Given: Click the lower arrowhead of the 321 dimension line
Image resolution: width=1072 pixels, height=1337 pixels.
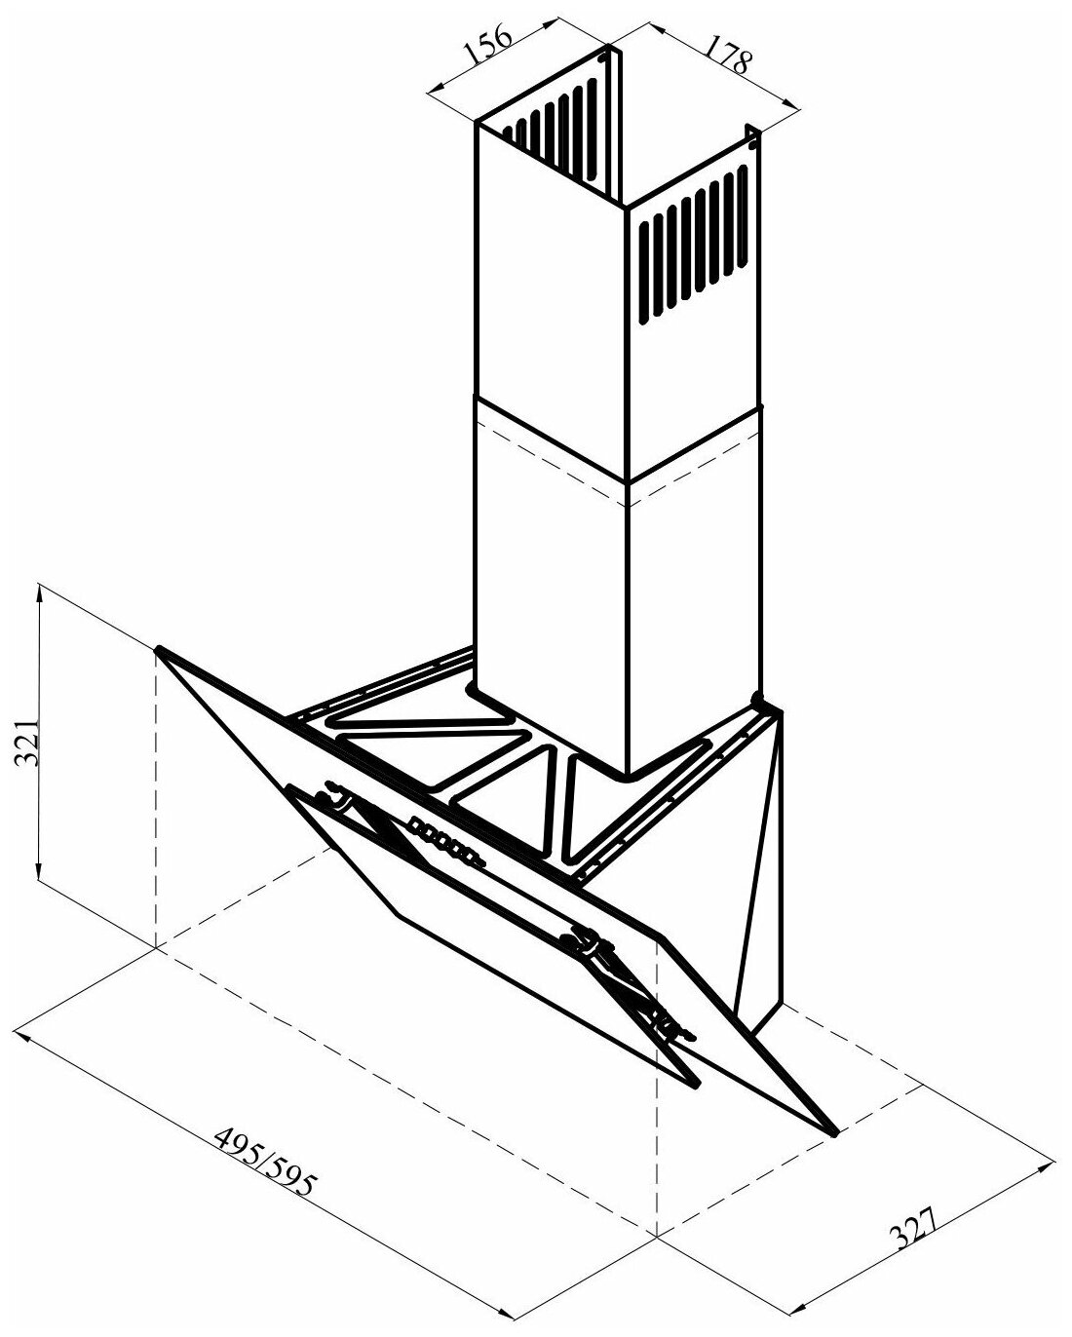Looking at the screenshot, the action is click(x=38, y=875).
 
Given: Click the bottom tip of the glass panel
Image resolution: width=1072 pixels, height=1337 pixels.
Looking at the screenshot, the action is click(x=835, y=1133).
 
